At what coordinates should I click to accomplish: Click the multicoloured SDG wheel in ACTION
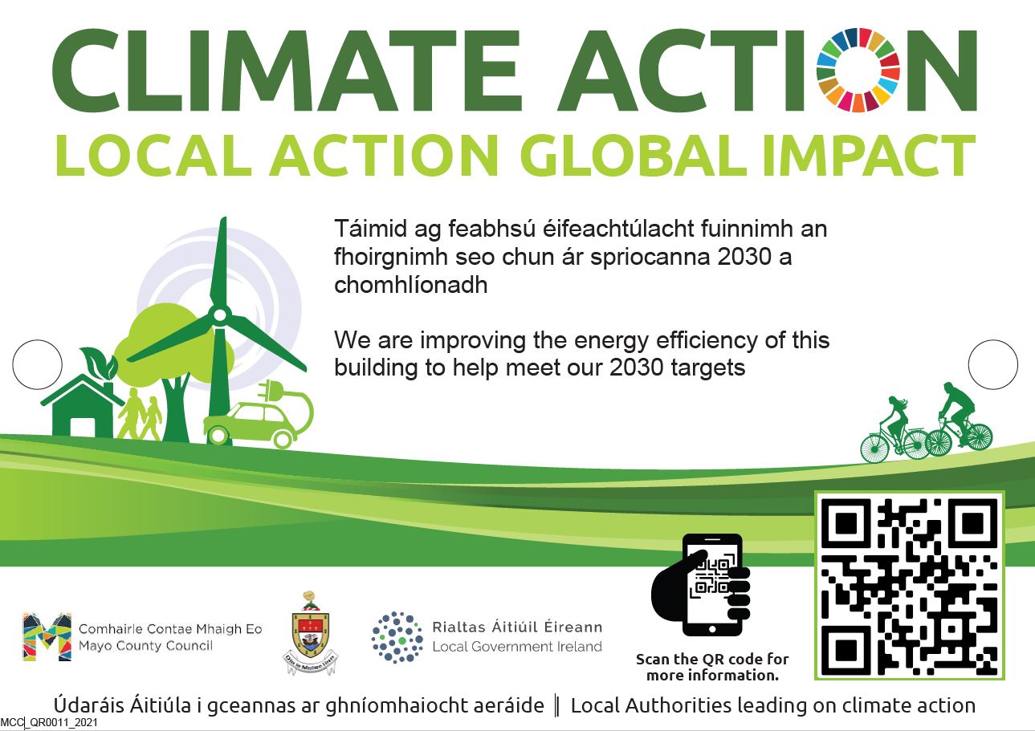858,70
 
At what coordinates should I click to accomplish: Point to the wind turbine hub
218,314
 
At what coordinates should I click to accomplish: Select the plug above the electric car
273,395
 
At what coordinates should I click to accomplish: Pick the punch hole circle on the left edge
37,364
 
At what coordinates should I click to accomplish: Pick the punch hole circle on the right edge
993,364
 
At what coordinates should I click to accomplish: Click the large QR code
910,584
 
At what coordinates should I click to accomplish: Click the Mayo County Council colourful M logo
47,637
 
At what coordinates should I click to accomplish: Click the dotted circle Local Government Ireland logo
397,637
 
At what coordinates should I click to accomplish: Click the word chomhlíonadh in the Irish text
410,285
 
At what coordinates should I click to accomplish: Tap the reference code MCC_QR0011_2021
50,723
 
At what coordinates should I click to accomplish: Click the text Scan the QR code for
712,660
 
